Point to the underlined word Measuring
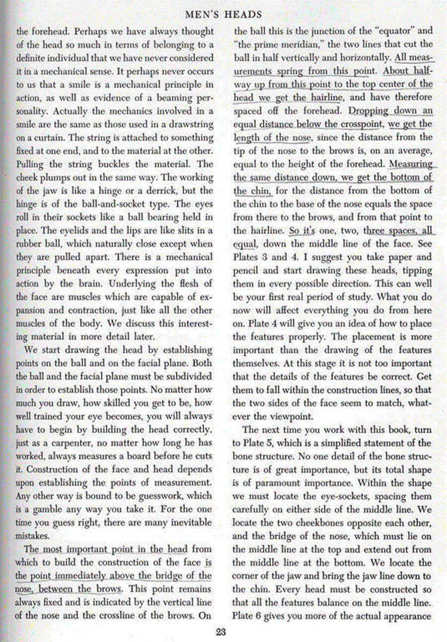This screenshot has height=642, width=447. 411,163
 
